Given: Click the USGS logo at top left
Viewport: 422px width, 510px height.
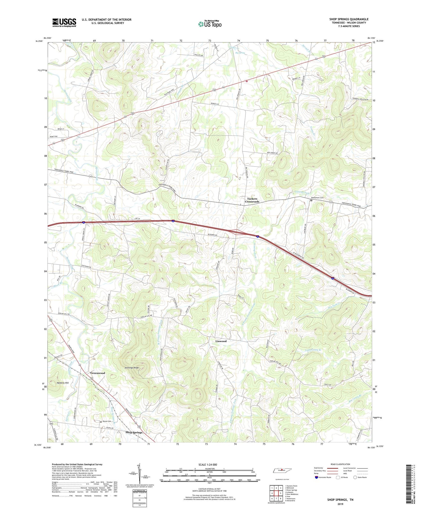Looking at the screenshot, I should point(64,23).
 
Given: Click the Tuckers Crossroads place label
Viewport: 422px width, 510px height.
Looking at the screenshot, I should point(252,200).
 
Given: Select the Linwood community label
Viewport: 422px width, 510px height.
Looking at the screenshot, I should point(221,341).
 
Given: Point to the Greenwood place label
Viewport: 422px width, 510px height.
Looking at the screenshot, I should point(98,373).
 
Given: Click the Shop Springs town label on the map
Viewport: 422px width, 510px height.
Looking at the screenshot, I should point(134,432).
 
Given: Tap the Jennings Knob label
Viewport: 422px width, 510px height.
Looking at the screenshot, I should point(131,368).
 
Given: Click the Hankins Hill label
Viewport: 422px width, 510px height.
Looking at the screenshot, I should point(63,383).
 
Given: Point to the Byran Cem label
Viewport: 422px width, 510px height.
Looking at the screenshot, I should point(107,421).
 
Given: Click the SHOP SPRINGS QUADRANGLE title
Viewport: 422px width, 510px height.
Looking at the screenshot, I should point(349,19).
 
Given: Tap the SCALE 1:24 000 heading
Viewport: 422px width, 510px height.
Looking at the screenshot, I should point(209,464).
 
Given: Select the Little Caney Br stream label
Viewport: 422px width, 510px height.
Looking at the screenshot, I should point(313,351).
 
